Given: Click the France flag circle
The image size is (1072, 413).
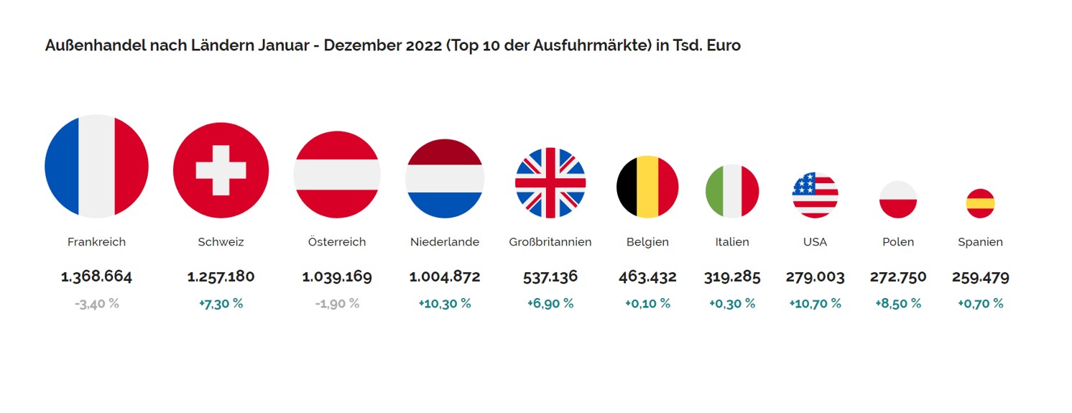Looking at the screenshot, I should [x=96, y=166].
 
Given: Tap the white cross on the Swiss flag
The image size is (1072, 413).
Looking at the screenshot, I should [x=221, y=170].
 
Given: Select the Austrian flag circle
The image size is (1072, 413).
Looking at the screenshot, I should [x=336, y=175].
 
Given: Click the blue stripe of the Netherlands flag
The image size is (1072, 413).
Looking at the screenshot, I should [x=445, y=205].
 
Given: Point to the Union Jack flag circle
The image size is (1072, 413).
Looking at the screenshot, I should [x=550, y=182].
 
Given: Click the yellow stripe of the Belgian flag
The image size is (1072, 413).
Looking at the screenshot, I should [x=647, y=187].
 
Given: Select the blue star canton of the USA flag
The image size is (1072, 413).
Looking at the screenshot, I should [x=805, y=184].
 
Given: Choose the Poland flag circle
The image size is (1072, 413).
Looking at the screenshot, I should [x=897, y=199].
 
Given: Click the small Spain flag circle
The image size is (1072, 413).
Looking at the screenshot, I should [x=980, y=203].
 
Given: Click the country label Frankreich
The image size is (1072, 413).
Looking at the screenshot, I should [x=96, y=242].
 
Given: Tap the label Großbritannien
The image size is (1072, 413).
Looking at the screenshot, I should [x=550, y=242].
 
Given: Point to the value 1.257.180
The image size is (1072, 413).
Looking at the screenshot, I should [x=221, y=277].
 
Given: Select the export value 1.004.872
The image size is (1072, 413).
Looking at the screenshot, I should [x=445, y=277].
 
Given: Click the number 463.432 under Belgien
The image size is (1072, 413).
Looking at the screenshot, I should [x=647, y=277].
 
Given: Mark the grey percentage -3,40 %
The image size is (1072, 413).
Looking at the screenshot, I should [x=96, y=304].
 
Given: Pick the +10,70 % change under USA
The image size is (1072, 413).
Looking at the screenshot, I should [x=815, y=304].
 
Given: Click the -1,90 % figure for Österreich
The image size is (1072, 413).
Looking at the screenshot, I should [x=336, y=304].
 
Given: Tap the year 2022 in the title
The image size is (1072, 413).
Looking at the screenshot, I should [x=424, y=46].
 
